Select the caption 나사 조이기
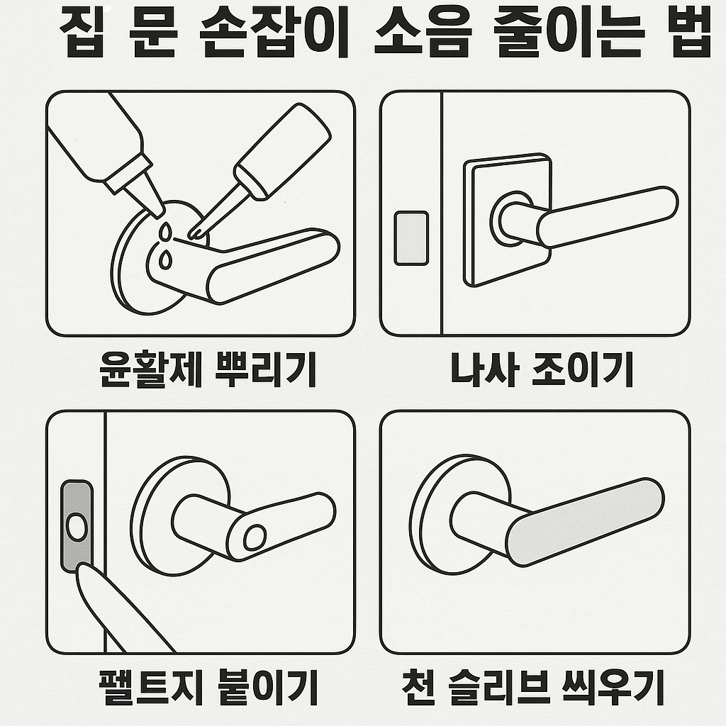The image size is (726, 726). click(x=542, y=370)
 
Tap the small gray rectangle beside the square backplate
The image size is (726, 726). click(x=411, y=238)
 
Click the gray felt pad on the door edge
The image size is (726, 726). click(x=77, y=526)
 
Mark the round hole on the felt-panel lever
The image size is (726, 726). click(x=254, y=538)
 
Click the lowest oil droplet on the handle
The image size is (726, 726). click(x=165, y=260)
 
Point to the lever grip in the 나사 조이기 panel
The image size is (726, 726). click(x=606, y=216)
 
